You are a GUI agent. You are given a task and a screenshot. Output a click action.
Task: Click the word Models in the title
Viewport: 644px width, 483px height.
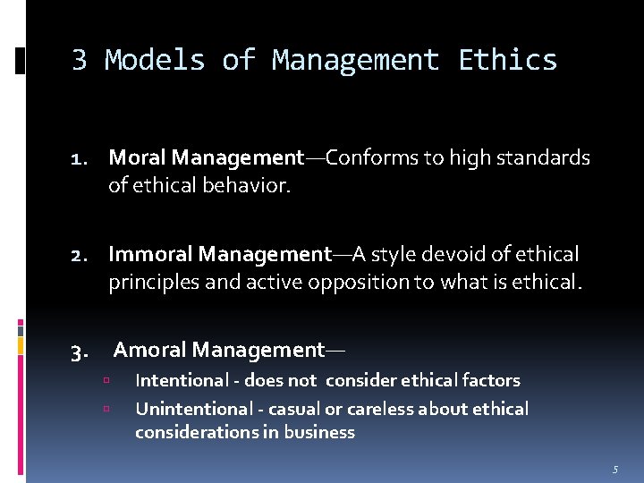click(x=155, y=60)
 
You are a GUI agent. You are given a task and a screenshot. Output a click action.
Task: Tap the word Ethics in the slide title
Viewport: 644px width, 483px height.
click(x=507, y=60)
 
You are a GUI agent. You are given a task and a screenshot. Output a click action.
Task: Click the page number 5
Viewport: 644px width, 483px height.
click(x=615, y=469)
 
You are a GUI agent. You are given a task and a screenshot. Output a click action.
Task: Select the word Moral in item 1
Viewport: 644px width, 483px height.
click(x=138, y=158)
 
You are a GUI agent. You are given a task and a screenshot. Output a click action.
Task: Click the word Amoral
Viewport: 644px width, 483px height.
click(x=150, y=350)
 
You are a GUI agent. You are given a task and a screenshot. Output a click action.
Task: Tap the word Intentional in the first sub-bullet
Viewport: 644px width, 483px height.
click(x=182, y=380)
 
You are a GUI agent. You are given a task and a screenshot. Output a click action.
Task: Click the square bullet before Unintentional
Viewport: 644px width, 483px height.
click(x=106, y=409)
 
